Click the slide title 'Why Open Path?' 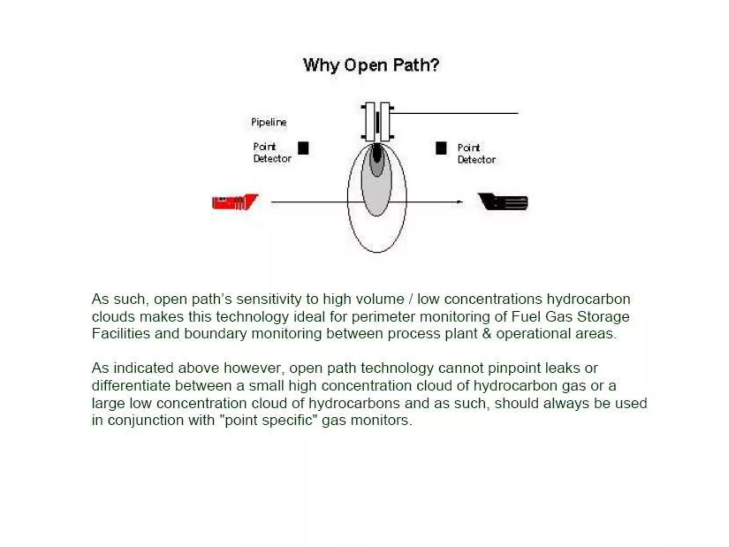point(371,65)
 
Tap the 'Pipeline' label point(269,122)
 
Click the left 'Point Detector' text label point(272,152)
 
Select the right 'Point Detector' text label point(476,153)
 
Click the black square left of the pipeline point(303,148)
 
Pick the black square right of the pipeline point(441,148)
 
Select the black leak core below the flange point(377,153)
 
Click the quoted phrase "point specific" point(269,420)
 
